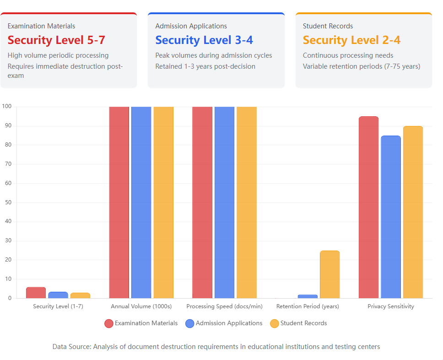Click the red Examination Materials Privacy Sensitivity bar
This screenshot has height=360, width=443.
pos(368,207)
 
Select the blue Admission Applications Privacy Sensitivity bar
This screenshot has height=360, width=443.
pos(390,217)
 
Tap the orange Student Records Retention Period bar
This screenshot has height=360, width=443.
pos(330,274)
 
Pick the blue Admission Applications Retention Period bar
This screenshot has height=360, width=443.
pos(308,296)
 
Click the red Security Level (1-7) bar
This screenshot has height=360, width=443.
pos(36,293)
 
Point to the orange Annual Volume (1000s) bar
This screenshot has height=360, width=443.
pos(163,202)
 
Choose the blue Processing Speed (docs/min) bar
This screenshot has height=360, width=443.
pos(224,202)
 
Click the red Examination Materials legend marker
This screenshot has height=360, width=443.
pos(109,323)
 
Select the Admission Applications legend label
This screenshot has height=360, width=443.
pos(229,323)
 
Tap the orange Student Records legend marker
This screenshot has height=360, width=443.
pos(275,323)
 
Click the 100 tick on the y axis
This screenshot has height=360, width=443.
pos(7,107)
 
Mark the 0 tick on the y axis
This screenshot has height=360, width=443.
pos(9,298)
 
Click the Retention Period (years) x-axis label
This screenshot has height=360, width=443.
pos(308,306)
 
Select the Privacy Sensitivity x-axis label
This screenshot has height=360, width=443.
pos(390,306)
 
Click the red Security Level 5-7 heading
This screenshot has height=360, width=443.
pos(56,40)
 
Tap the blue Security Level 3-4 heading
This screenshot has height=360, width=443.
pos(204,40)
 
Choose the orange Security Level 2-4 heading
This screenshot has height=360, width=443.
pos(351,40)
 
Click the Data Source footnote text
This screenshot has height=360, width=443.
pos(216,347)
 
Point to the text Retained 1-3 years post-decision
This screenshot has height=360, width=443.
pos(205,66)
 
